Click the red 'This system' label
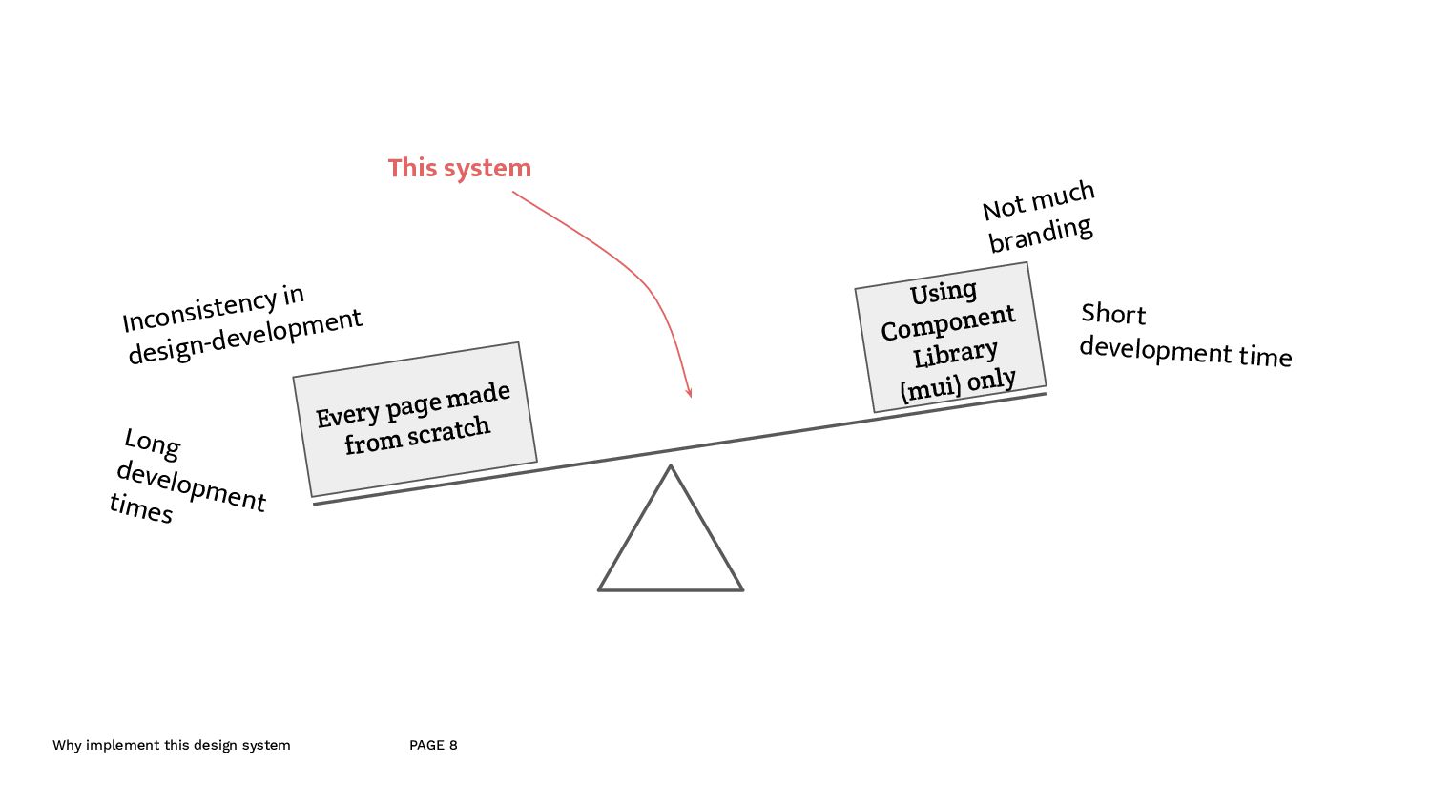pyautogui.click(x=459, y=168)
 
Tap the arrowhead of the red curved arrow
pyautogui.click(x=689, y=392)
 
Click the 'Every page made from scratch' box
pyautogui.click(x=414, y=419)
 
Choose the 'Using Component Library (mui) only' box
pyautogui.click(x=950, y=337)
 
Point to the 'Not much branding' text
pyautogui.click(x=1039, y=217)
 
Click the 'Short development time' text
pyautogui.click(x=1185, y=336)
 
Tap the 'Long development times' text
pyautogui.click(x=187, y=476)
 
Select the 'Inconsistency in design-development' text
pyautogui.click(x=242, y=323)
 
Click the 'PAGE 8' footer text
pyautogui.click(x=433, y=745)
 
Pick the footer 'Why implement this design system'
pyautogui.click(x=172, y=745)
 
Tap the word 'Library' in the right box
pyautogui.click(x=955, y=354)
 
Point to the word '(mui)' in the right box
pyautogui.click(x=930, y=389)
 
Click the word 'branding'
pyautogui.click(x=1040, y=234)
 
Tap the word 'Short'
pyautogui.click(x=1113, y=314)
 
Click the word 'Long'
pyautogui.click(x=153, y=443)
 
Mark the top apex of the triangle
pyautogui.click(x=671, y=466)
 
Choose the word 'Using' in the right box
pyautogui.click(x=943, y=292)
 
